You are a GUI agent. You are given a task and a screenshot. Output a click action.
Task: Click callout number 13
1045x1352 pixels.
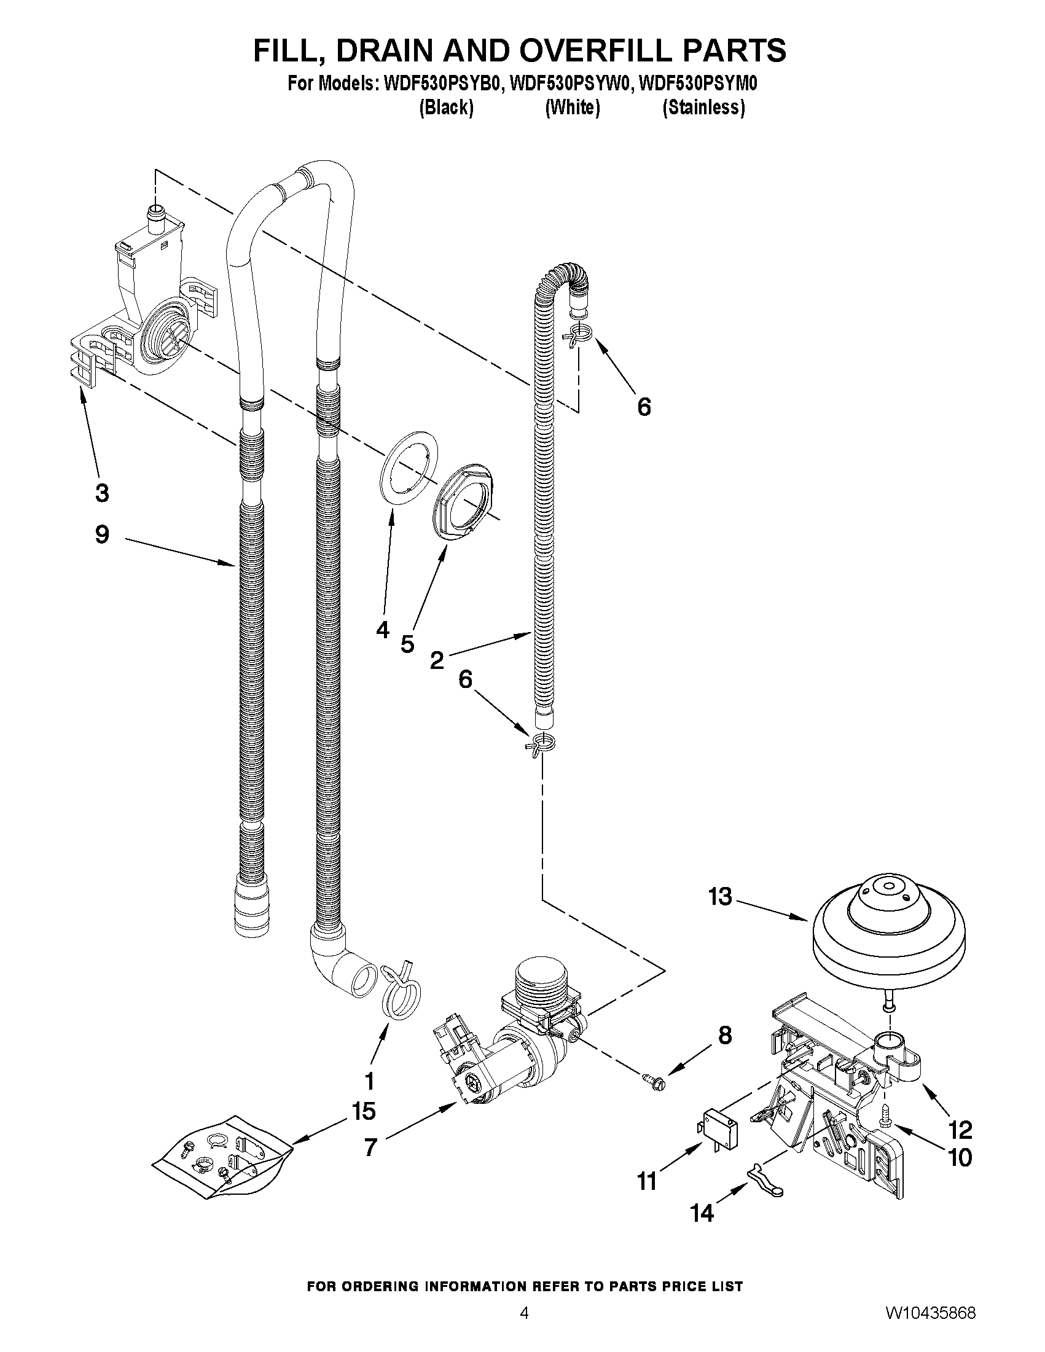point(720,897)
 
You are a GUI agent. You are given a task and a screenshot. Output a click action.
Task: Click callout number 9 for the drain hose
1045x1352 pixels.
point(102,534)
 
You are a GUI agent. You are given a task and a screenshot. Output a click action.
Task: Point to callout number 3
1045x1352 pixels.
point(102,493)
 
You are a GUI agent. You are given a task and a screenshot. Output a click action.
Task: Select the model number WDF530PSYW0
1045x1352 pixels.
point(571,84)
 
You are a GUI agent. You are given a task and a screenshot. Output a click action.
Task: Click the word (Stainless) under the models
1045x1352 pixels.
point(703,107)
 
